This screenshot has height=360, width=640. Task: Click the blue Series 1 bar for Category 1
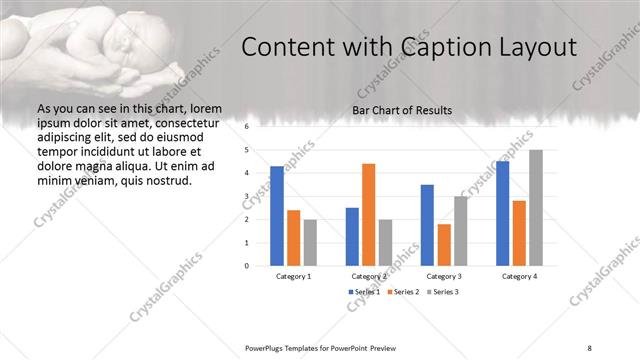(x=277, y=215)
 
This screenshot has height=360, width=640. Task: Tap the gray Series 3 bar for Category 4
(x=536, y=207)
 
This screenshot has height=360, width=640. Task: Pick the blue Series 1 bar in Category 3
(x=427, y=225)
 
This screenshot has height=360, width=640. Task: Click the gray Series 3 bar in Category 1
(x=310, y=242)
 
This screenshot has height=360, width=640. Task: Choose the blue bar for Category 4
(x=502, y=213)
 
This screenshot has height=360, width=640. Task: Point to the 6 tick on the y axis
(x=246, y=127)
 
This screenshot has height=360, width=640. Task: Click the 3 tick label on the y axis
(x=246, y=196)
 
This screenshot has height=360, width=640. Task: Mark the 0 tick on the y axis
(x=246, y=266)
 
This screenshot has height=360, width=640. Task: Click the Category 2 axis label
(x=368, y=276)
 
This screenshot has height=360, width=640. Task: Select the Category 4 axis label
(x=519, y=276)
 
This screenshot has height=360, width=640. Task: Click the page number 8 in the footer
(x=590, y=347)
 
